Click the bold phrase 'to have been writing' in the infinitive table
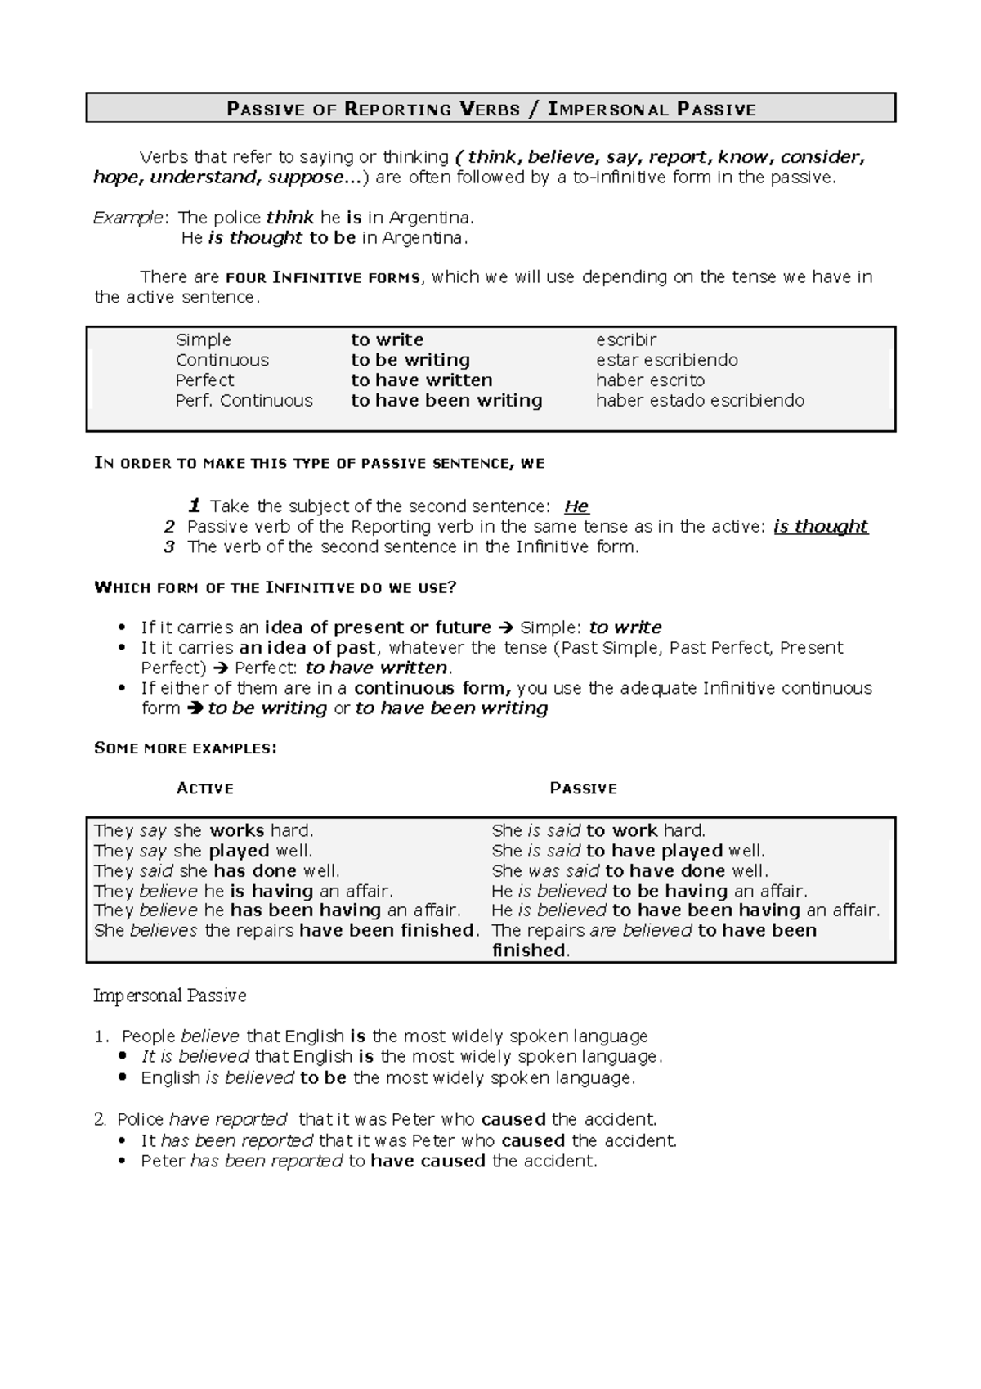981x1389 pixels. pyautogui.click(x=446, y=401)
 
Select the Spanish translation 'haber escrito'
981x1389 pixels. pyautogui.click(x=650, y=380)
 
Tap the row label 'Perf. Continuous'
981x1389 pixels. pyautogui.click(x=244, y=401)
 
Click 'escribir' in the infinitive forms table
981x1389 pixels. pyautogui.click(x=626, y=340)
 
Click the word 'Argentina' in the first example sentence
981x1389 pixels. pyautogui.click(x=430, y=218)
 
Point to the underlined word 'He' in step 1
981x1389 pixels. pyautogui.click(x=576, y=506)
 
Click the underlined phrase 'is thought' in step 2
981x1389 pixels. pyautogui.click(x=820, y=527)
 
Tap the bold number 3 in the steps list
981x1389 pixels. pyautogui.click(x=169, y=547)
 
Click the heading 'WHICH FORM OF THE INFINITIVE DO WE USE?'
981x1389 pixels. pyautogui.click(x=275, y=587)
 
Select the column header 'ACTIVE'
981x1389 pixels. pyautogui.click(x=205, y=789)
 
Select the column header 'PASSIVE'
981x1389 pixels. pyautogui.click(x=583, y=789)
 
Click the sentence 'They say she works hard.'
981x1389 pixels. pyautogui.click(x=204, y=831)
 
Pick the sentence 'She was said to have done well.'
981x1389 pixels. pyautogui.click(x=629, y=871)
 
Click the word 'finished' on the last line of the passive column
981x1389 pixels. pyautogui.click(x=529, y=951)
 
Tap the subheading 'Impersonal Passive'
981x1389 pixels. pyautogui.click(x=169, y=996)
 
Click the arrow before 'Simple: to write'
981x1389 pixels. pyautogui.click(x=505, y=628)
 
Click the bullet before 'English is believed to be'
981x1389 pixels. pyautogui.click(x=123, y=1078)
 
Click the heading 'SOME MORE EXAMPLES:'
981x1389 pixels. pyautogui.click(x=186, y=748)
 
